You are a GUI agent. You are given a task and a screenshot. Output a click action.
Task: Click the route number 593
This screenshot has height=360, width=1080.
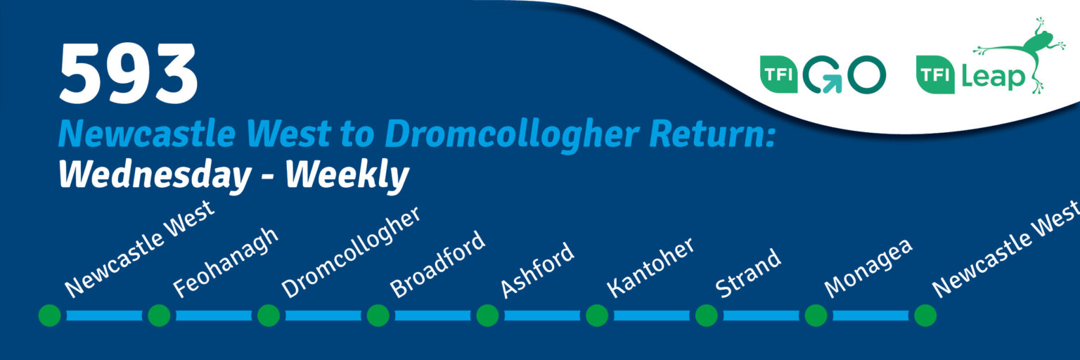pos(128,73)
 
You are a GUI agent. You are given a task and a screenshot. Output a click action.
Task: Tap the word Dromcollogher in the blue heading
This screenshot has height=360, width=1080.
pos(512,134)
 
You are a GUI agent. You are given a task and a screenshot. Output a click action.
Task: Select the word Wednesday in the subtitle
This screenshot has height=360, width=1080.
pos(155,174)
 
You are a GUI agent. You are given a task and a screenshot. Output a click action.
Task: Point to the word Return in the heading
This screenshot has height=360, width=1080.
pos(712,134)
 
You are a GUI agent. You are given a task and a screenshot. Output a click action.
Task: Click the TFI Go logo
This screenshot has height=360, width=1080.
pos(823,75)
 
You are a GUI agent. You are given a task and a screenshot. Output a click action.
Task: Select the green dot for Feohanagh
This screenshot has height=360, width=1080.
pos(159,316)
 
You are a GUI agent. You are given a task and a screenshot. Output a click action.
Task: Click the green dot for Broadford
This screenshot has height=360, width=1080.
pos(378,316)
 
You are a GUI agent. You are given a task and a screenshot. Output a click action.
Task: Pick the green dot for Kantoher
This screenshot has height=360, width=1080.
pos(597,316)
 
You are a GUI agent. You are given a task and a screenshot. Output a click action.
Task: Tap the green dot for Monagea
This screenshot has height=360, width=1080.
pos(816,316)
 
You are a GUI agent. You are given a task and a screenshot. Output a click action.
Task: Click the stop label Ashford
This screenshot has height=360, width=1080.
pos(537,270)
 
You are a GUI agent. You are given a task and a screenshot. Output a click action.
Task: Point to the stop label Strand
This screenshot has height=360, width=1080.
pos(748,273)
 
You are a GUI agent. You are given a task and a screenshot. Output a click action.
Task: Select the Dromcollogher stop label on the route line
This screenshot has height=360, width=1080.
pos(351,252)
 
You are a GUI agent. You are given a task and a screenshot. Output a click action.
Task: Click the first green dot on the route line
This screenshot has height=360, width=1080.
pos(50,316)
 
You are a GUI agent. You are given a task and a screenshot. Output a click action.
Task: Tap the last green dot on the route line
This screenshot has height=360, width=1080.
pos(925,316)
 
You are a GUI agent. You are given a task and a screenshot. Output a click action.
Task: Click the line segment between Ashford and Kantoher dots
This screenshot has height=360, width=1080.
pos(542,316)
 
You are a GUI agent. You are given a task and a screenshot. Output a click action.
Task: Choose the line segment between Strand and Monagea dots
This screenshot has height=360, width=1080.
pos(761,316)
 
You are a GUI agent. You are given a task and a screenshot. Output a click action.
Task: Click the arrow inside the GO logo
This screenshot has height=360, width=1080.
pos(830,84)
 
